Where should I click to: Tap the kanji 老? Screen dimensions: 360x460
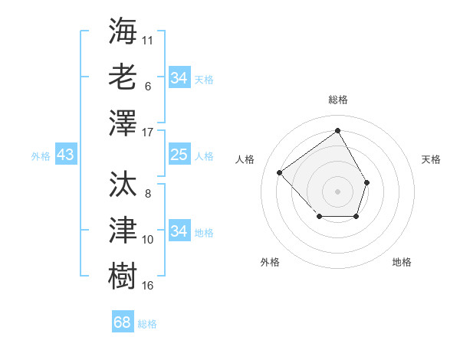pyautogui.click(x=123, y=76)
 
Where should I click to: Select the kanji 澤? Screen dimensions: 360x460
pyautogui.click(x=123, y=123)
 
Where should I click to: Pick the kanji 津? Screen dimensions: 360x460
pyautogui.click(x=123, y=230)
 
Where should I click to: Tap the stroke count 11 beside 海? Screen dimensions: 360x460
pyautogui.click(x=148, y=38)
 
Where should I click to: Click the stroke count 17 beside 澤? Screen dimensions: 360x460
pyautogui.click(x=148, y=133)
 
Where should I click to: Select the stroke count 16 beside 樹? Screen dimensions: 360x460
pyautogui.click(x=148, y=286)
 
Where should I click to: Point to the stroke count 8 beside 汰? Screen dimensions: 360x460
pyautogui.click(x=147, y=194)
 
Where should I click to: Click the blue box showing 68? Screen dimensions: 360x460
pyautogui.click(x=122, y=322)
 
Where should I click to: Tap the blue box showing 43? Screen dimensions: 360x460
pyautogui.click(x=65, y=155)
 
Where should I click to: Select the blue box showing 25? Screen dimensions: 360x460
pyautogui.click(x=179, y=155)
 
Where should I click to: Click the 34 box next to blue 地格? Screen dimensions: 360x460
pyautogui.click(x=179, y=231)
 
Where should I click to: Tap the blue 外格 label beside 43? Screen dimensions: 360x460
pyautogui.click(x=41, y=156)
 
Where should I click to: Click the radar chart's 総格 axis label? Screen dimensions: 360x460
pyautogui.click(x=338, y=100)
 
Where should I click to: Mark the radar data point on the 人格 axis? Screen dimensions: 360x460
pyautogui.click(x=280, y=173)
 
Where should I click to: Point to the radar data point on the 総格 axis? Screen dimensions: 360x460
pyautogui.click(x=337, y=130)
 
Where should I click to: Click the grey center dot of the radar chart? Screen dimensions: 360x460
pyautogui.click(x=337, y=190)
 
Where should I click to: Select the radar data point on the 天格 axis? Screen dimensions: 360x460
pyautogui.click(x=367, y=182)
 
